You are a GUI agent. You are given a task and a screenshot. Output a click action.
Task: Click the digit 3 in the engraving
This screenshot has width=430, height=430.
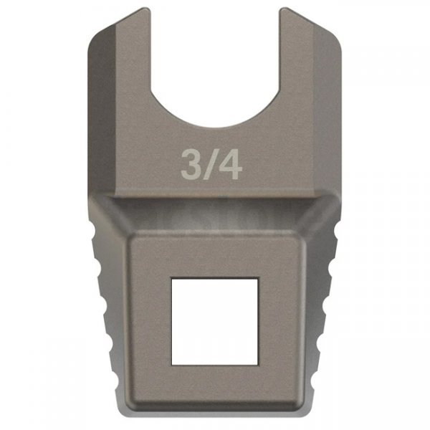point(191,165)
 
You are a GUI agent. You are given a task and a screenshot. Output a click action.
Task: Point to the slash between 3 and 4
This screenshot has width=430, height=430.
point(211,165)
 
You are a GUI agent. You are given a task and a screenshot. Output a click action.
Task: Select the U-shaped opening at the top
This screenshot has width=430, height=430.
point(214,64)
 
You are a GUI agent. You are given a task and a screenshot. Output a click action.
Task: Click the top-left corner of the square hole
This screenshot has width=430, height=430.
point(172,277)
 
